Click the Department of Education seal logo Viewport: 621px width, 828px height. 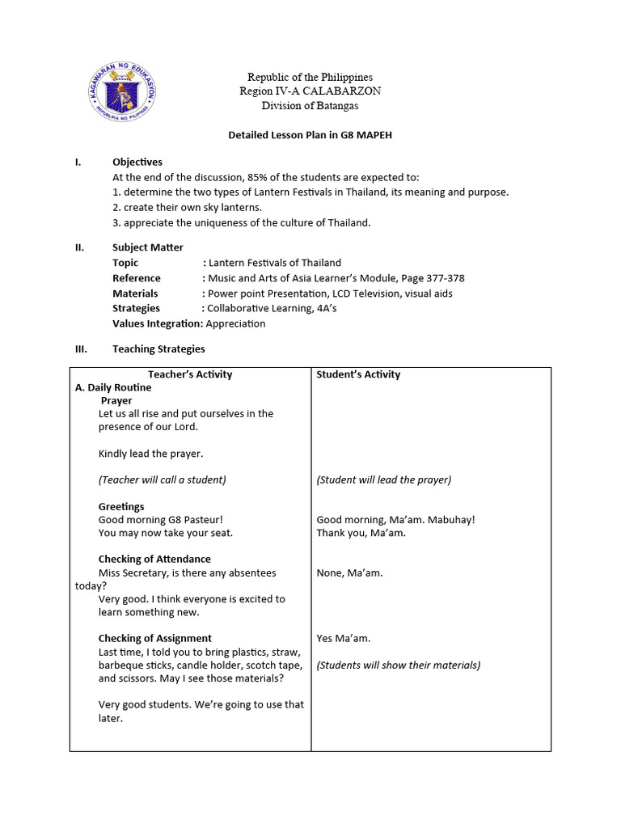(x=121, y=91)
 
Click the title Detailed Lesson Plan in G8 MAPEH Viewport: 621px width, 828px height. (x=310, y=135)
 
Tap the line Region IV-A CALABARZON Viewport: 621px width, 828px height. (x=310, y=91)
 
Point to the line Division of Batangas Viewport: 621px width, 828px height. (x=310, y=106)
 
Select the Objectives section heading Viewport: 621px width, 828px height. (x=137, y=163)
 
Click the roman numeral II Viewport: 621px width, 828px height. (x=79, y=247)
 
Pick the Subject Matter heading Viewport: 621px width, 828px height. (x=147, y=247)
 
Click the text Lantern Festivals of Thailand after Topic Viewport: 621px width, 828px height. (x=275, y=263)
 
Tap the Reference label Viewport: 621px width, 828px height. (x=136, y=278)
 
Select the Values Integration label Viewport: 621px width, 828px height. (x=157, y=323)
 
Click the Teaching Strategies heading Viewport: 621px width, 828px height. (x=158, y=349)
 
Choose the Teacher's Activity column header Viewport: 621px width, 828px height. (x=190, y=374)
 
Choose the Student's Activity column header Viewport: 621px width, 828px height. (x=358, y=374)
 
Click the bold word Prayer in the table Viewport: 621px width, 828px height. (x=116, y=400)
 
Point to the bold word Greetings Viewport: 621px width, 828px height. (x=121, y=507)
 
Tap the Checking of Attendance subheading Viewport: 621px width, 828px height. (x=154, y=559)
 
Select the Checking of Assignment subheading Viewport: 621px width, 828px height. (x=155, y=638)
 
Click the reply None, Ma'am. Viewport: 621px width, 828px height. (x=349, y=573)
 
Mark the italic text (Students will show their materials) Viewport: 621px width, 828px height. (x=398, y=665)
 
